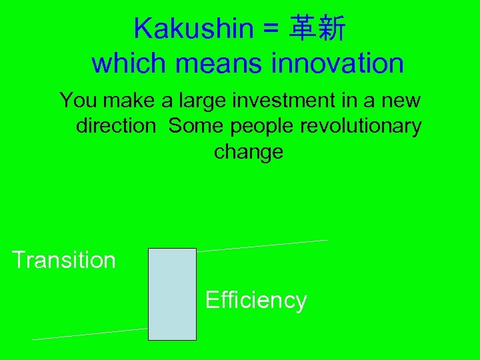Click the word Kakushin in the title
[x=193, y=29]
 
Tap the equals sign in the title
[x=272, y=29]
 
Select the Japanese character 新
[x=332, y=29]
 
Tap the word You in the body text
[x=78, y=101]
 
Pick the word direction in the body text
[x=115, y=126]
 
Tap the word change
[x=248, y=152]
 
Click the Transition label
[x=64, y=260]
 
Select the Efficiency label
[x=256, y=301]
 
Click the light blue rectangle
[x=172, y=294]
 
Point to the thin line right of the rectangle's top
[x=263, y=245]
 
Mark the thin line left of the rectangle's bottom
[x=90, y=334]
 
